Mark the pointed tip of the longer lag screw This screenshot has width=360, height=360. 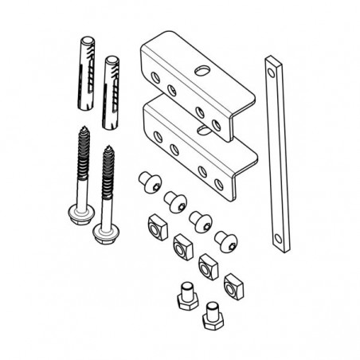84,125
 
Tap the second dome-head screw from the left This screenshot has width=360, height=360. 174,200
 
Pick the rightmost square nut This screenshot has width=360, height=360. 234,284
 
